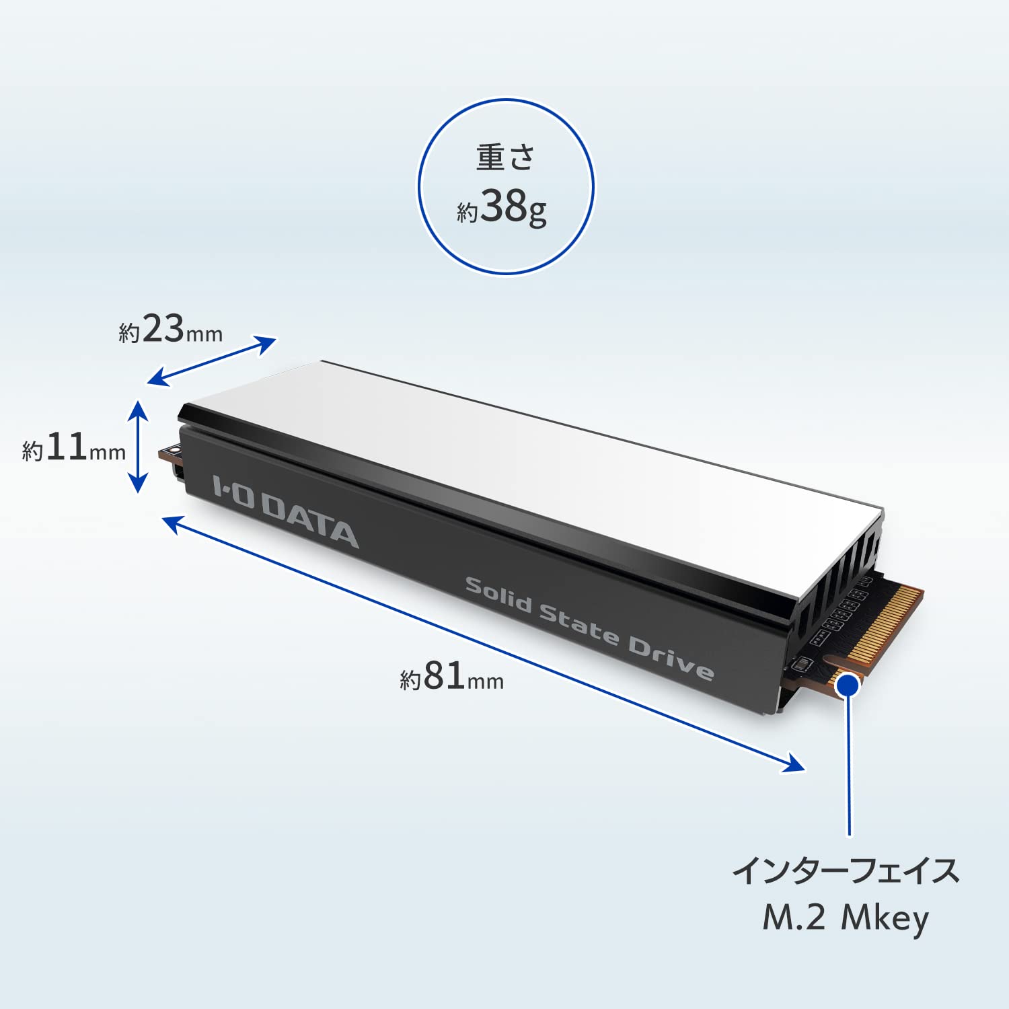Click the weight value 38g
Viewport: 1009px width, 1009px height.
[513, 207]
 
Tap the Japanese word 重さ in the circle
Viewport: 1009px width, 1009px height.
[506, 157]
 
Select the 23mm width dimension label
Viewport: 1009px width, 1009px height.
[170, 330]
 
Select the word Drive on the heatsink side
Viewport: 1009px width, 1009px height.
[670, 655]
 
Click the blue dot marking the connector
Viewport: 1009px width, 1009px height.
[849, 685]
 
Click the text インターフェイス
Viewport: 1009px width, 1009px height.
[846, 870]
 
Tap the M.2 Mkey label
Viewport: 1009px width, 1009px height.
[846, 918]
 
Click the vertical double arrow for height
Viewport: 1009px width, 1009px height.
[138, 447]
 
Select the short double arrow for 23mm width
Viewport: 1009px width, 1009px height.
[211, 362]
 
